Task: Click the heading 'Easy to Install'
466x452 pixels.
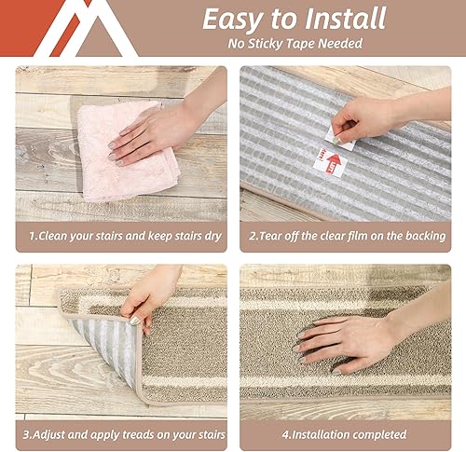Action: pos(294,20)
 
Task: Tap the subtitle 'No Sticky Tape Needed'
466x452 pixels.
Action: pos(294,45)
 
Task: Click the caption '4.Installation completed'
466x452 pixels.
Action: pos(345,433)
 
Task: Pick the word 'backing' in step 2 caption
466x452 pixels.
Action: pos(421,236)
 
